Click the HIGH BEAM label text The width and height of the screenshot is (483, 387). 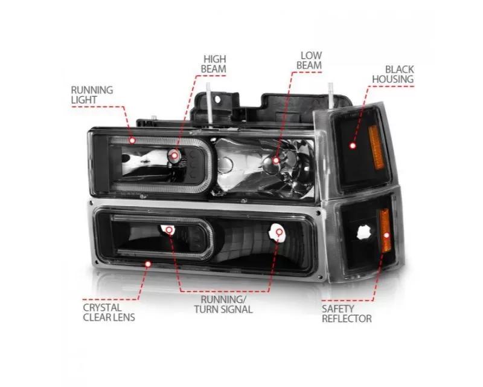(214, 64)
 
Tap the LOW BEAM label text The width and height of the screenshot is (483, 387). (309, 60)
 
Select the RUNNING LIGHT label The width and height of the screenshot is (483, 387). (92, 95)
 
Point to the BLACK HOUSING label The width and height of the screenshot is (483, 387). (393, 74)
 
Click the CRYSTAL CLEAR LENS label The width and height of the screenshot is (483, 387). (109, 312)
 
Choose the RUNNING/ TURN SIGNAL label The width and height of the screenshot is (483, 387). (223, 304)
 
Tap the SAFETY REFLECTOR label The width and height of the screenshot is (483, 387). (347, 314)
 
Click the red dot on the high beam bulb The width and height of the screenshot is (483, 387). (174, 155)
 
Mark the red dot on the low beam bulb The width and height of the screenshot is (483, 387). (276, 160)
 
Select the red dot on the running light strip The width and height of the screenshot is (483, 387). (132, 140)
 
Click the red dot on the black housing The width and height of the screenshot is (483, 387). (353, 146)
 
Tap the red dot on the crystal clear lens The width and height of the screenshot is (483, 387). (148, 264)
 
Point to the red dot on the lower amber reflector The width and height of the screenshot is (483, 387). (386, 235)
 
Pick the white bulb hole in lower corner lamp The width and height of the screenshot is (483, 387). (363, 233)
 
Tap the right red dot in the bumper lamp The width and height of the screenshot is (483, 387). (279, 232)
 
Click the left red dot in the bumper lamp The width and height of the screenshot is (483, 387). (169, 230)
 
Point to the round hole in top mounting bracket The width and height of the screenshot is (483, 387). (218, 99)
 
